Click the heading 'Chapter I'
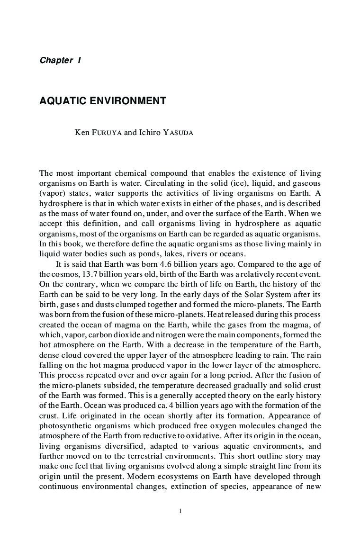60,60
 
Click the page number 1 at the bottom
180,511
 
